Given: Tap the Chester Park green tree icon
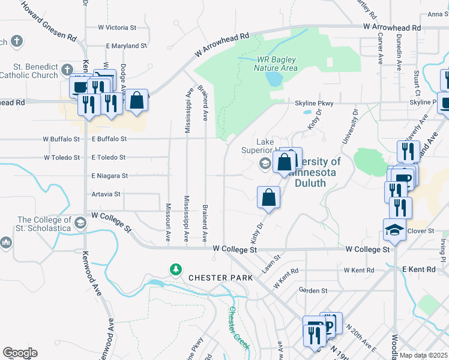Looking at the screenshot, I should point(176,269).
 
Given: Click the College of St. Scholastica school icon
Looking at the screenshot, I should point(79,224).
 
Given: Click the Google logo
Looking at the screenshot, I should point(20,352).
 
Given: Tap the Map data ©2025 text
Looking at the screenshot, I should point(423,355).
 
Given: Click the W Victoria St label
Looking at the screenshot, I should point(118,28).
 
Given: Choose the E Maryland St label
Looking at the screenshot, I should point(126,46).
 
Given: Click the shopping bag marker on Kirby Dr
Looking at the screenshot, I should point(269,197).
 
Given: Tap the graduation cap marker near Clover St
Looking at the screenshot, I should point(394,230).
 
